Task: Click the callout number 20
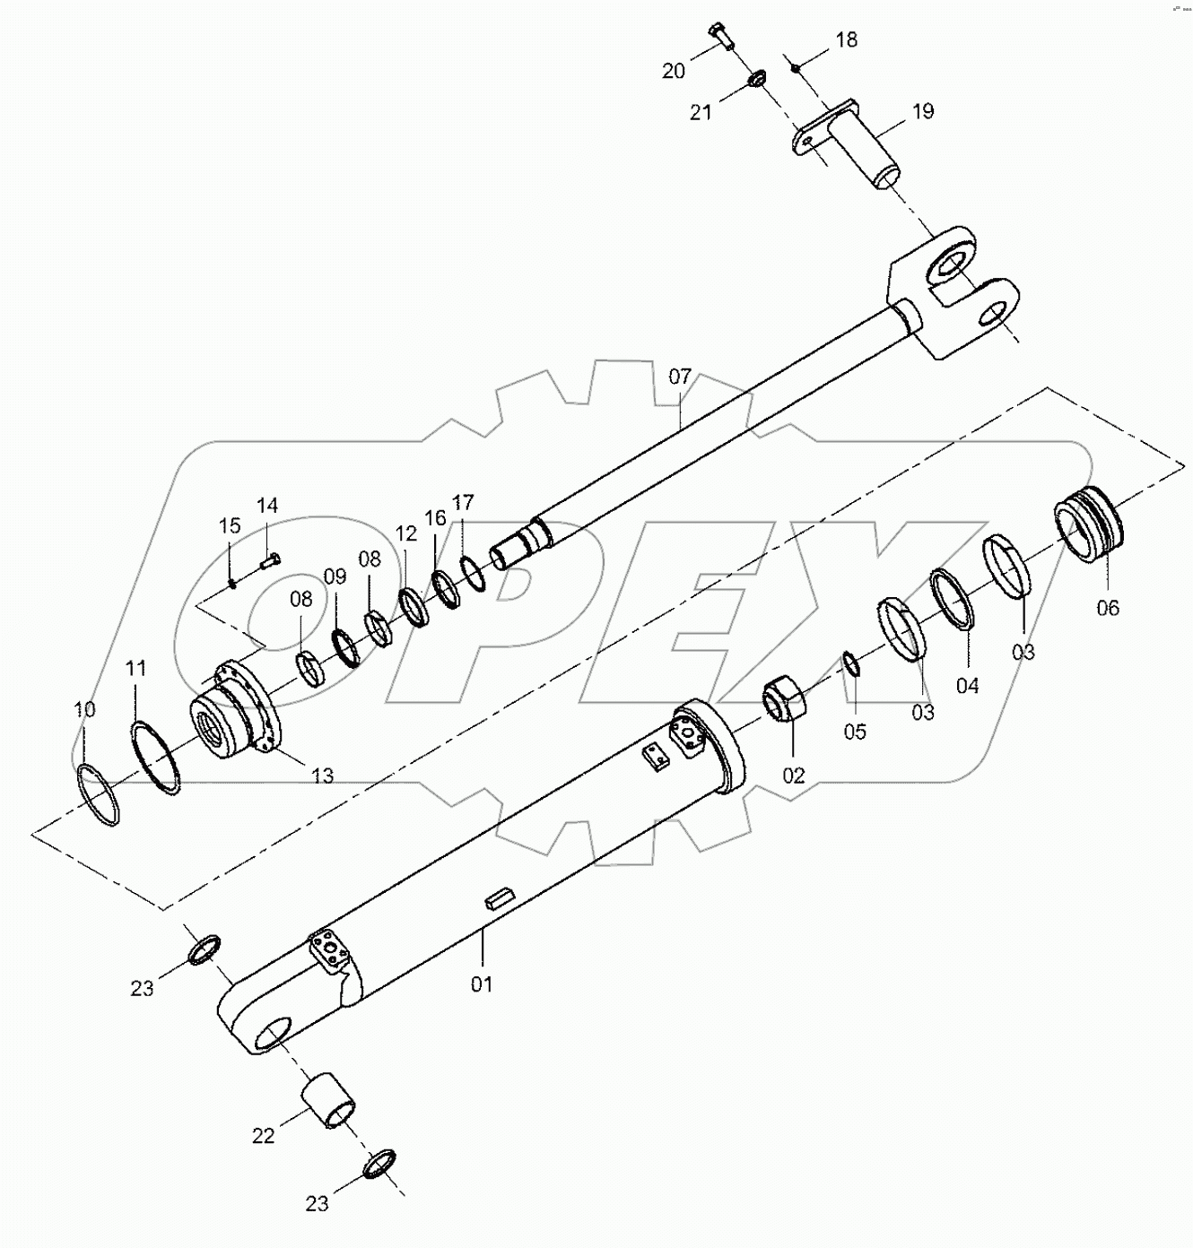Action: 674,72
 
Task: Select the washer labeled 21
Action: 755,82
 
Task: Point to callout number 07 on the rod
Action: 680,376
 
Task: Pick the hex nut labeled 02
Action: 787,699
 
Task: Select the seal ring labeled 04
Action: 953,598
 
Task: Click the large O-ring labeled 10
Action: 98,794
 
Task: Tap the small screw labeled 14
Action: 269,561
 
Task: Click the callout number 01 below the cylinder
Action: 482,984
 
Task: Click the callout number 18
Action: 847,39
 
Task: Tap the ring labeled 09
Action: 345,649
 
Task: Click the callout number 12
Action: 406,534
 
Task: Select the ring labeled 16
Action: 445,589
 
